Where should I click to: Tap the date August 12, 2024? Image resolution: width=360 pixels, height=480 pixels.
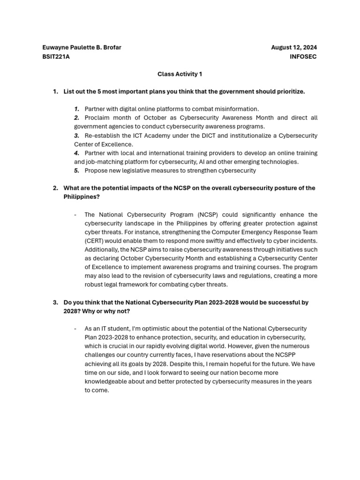click(294, 47)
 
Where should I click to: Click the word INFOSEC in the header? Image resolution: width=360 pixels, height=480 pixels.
click(303, 57)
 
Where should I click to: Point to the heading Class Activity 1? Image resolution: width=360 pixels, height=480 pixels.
click(180, 74)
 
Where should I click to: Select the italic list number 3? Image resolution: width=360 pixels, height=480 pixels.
click(76, 135)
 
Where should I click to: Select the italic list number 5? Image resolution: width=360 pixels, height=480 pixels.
click(76, 171)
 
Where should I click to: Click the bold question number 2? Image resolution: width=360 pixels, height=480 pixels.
click(55, 188)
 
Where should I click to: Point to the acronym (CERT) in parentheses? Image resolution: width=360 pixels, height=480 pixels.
click(95, 241)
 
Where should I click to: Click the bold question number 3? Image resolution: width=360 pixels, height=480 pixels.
click(55, 302)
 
